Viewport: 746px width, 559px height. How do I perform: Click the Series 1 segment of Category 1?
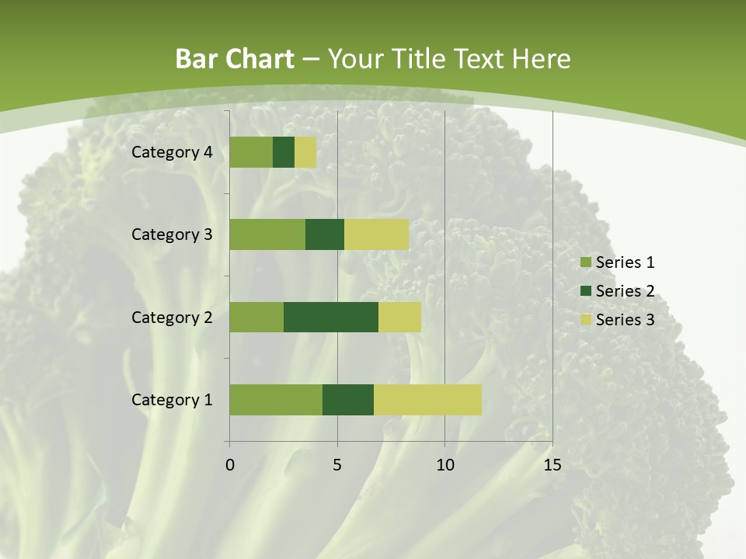tap(276, 399)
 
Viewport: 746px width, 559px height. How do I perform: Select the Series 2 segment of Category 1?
tap(348, 399)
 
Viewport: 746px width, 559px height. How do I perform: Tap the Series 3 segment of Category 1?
tap(427, 399)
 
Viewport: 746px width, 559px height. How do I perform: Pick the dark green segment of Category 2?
tap(331, 317)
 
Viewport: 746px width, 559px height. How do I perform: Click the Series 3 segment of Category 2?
tap(399, 317)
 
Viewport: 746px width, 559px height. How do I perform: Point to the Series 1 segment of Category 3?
tap(267, 234)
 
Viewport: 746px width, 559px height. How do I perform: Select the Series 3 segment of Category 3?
tap(376, 234)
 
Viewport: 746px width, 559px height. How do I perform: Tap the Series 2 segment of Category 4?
tap(284, 152)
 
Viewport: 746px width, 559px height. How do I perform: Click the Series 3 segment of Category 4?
tap(305, 152)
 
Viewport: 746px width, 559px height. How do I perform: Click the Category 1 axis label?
tap(172, 400)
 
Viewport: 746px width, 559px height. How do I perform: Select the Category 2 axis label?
tap(172, 318)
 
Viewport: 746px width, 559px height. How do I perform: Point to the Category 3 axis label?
tap(172, 234)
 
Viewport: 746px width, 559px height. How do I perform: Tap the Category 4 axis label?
tap(172, 152)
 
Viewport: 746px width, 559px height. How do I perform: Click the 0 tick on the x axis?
tap(230, 465)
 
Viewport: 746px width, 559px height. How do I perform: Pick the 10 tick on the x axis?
tap(444, 465)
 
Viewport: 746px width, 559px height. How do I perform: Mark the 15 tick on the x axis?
tap(552, 465)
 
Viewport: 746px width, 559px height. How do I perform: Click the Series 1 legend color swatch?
tap(586, 262)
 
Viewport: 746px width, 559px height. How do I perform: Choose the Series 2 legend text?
tap(625, 291)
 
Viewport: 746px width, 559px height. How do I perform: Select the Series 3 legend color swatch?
tap(586, 320)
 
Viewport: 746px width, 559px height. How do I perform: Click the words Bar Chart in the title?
tap(235, 59)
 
